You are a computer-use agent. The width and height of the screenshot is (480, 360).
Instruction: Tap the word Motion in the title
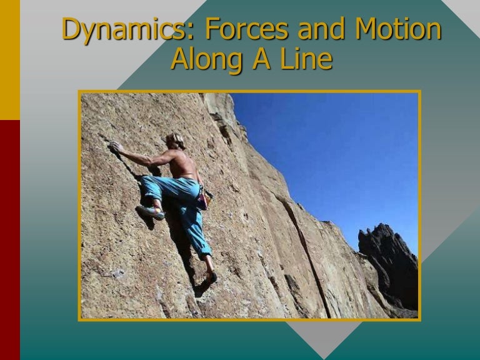click(x=396, y=30)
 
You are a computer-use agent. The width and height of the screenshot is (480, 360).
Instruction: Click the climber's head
click(x=176, y=141)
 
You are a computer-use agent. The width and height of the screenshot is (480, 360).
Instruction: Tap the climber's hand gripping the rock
click(x=116, y=147)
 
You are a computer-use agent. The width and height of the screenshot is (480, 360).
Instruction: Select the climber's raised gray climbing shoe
click(x=151, y=212)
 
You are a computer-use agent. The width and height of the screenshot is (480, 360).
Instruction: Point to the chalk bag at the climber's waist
click(x=201, y=200)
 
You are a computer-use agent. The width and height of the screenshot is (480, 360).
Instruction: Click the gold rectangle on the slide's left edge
click(x=9, y=59)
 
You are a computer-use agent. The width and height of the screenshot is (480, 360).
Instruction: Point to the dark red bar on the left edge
click(x=9, y=237)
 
